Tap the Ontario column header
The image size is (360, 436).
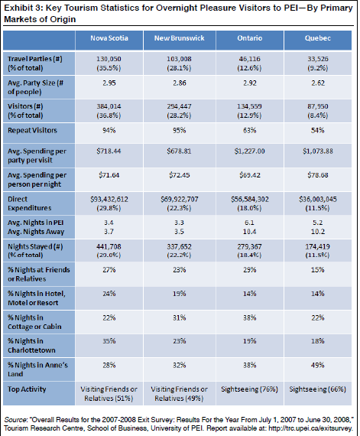[251, 38]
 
